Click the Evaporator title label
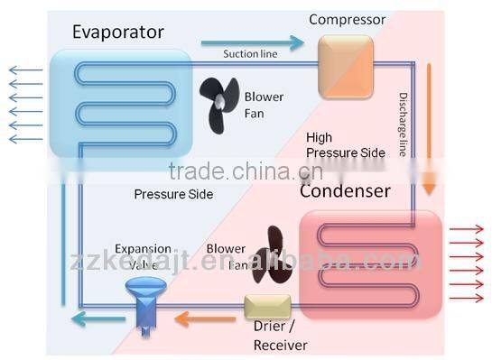pos(118,32)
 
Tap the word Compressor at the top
pos(347,19)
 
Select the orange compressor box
pos(345,67)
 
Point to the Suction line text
pos(250,54)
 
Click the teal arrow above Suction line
pos(252,41)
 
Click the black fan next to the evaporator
pos(218,103)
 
